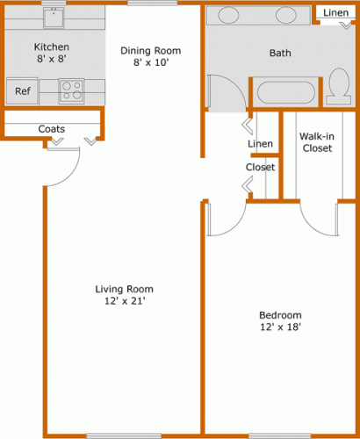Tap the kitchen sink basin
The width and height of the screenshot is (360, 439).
(x=54, y=18)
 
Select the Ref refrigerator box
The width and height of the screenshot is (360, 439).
(x=23, y=91)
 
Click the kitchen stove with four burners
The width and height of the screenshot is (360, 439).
(x=72, y=90)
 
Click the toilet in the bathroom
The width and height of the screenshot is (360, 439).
(x=339, y=86)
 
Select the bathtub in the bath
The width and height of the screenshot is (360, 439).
(x=285, y=92)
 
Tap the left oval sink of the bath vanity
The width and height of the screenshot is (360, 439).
(x=228, y=15)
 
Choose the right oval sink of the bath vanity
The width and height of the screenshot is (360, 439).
(x=286, y=15)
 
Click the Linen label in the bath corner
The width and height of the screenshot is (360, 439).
(x=335, y=12)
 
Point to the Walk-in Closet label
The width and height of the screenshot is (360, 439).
(x=317, y=142)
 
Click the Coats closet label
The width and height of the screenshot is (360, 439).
(x=52, y=129)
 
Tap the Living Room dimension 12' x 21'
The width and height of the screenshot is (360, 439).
(x=125, y=301)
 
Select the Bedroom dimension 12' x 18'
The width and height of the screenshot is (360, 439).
(x=281, y=327)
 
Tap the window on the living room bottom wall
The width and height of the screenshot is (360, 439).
(x=124, y=436)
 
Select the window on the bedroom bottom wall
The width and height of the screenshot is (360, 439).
(x=279, y=436)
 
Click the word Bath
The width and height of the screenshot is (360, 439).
(x=280, y=53)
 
